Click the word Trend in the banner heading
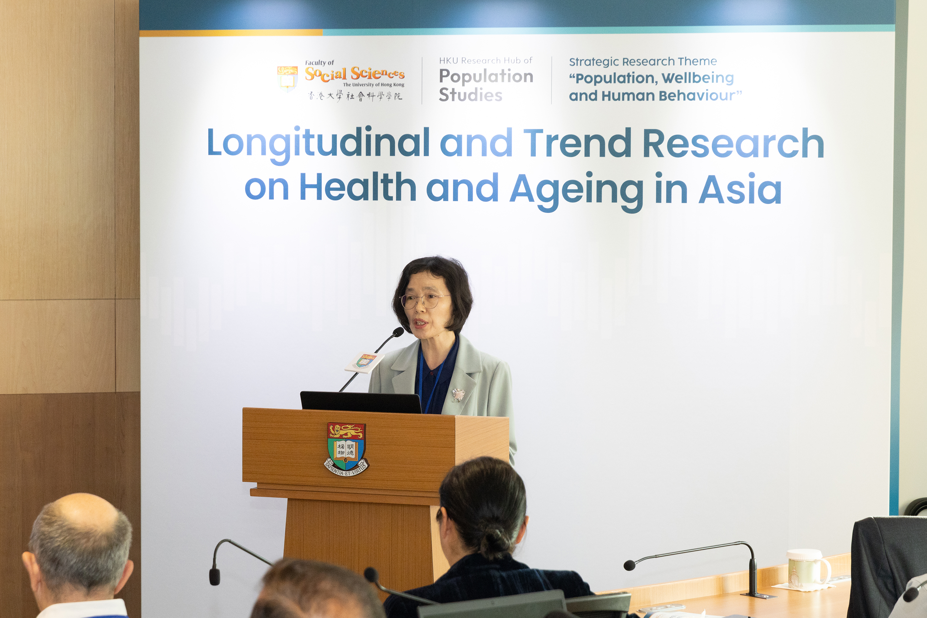(577, 142)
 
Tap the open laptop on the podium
(361, 402)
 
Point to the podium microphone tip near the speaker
(399, 332)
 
